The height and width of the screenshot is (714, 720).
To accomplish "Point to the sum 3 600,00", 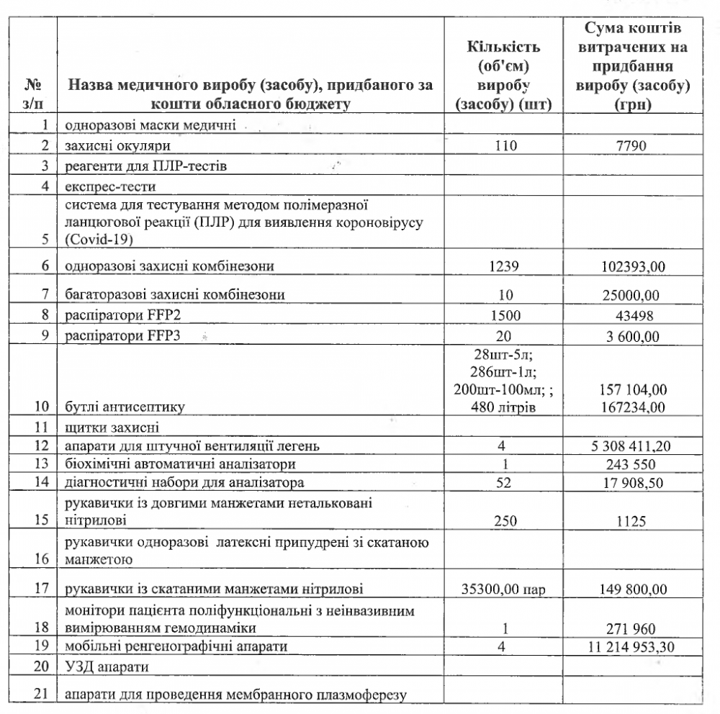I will [634, 335].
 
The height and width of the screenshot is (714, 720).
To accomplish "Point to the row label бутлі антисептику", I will [125, 407].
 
